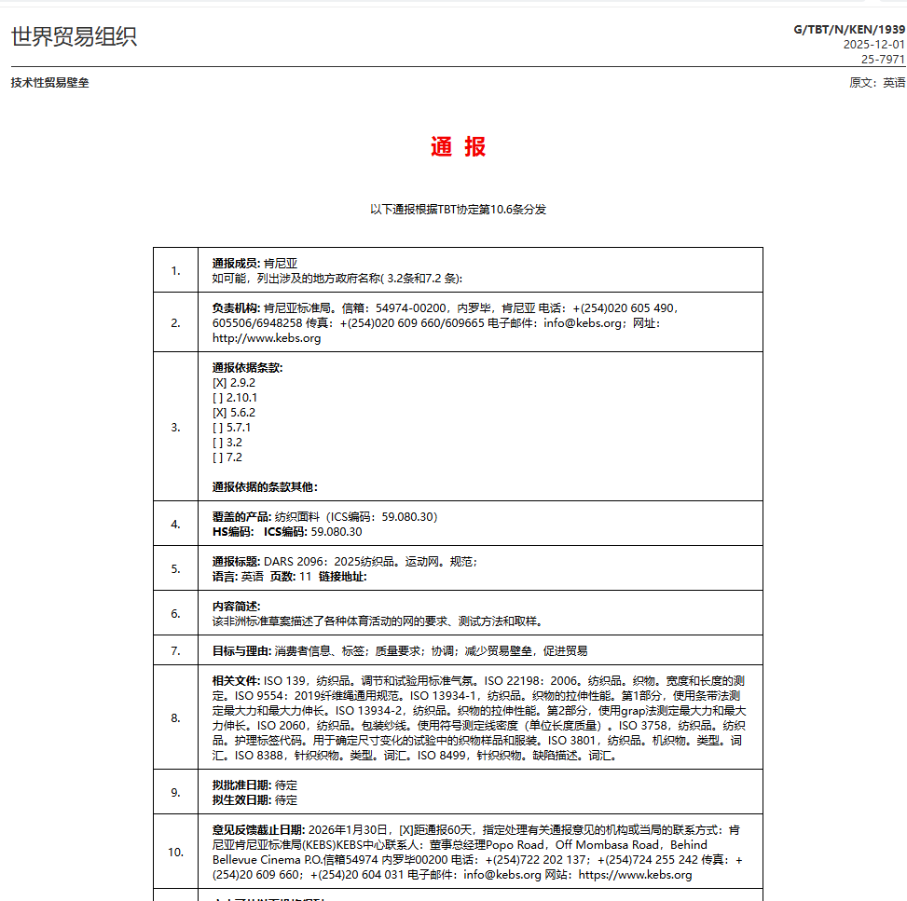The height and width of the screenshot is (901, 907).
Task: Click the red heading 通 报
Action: click(458, 147)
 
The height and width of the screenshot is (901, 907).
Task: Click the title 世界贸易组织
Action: click(75, 36)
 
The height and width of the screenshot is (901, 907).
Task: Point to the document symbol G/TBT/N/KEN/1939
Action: click(848, 30)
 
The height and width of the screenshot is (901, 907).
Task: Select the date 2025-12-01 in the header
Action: click(873, 44)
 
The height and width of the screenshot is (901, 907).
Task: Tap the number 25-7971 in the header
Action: click(883, 58)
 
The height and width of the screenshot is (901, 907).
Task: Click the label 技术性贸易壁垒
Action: click(50, 82)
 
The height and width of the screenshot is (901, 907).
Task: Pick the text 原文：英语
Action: click(877, 82)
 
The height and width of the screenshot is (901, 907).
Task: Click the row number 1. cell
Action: click(175, 270)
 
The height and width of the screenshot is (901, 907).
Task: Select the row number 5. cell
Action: click(175, 568)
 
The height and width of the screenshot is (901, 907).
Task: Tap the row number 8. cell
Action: click(175, 717)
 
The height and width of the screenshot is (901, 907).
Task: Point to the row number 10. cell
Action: click(175, 852)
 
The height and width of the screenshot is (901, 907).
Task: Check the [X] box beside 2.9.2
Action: click(219, 382)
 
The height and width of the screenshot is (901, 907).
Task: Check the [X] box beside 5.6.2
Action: click(219, 412)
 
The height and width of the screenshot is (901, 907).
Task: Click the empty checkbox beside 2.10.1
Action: click(218, 397)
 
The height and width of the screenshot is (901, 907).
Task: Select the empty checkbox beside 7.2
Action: click(218, 457)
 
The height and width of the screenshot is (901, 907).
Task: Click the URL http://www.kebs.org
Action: click(267, 337)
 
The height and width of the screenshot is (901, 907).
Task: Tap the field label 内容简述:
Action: click(237, 606)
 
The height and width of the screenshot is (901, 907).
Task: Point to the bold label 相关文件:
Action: click(237, 680)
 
